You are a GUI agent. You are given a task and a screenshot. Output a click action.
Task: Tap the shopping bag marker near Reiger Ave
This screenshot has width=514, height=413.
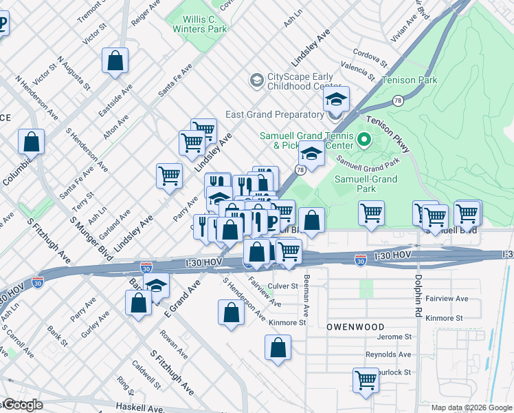click(x=115, y=60)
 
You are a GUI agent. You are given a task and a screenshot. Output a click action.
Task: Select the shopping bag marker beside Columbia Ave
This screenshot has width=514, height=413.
click(x=32, y=142)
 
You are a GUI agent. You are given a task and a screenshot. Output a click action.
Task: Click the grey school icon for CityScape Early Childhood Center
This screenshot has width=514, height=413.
click(x=256, y=81)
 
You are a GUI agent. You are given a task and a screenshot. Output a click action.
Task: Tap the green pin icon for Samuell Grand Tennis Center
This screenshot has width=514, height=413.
click(x=365, y=140)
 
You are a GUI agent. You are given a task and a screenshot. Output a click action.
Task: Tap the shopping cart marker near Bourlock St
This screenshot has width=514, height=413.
click(x=366, y=380)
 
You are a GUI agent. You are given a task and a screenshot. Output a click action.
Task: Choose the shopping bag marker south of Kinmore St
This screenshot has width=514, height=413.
click(x=278, y=348)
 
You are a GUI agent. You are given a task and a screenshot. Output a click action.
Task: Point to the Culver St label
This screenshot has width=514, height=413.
click(x=283, y=286)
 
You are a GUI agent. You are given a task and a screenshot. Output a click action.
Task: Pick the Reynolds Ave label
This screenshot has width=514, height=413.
click(x=390, y=354)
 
